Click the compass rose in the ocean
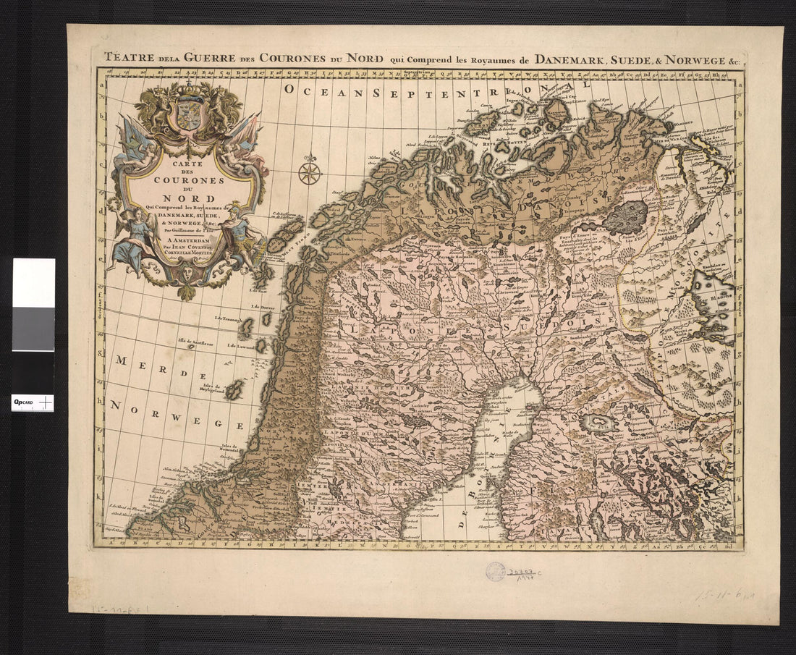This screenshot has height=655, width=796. tap(309, 172)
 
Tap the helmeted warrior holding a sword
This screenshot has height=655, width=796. tap(242, 239)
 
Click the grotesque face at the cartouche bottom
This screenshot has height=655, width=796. tap(187, 273)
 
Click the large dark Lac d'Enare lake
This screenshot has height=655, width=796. tap(626, 216)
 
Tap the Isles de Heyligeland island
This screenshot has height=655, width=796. tap(234, 390)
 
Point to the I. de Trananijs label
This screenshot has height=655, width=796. tap(228, 318)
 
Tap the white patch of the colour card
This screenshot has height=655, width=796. tap(33, 282)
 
